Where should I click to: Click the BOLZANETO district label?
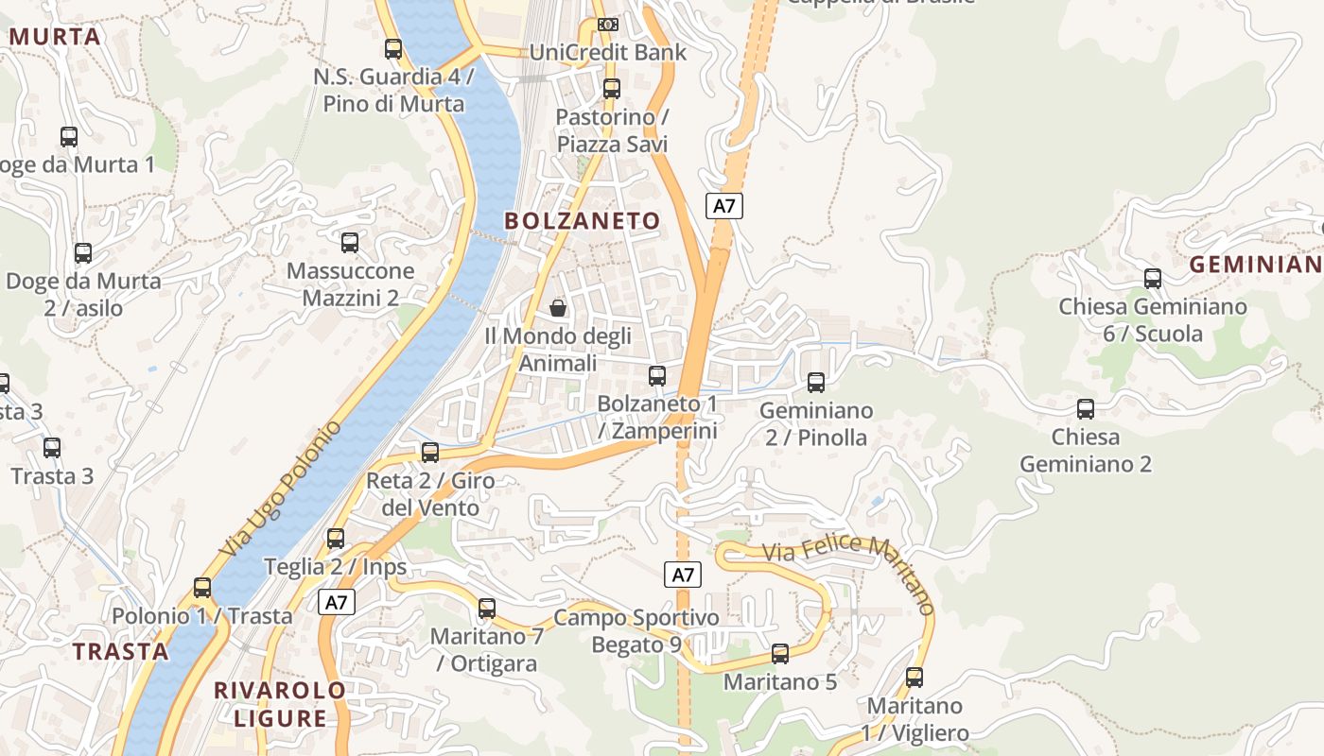tap(582, 221)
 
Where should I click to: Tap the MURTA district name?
tap(55, 37)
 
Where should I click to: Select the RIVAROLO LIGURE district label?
tap(280, 704)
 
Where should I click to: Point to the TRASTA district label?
tap(120, 651)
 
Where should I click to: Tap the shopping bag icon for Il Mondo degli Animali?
tap(558, 308)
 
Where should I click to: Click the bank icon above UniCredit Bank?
tap(608, 24)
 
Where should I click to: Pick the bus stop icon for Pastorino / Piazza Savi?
tap(612, 89)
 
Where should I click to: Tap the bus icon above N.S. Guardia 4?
tap(393, 48)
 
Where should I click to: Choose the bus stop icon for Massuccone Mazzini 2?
tap(350, 243)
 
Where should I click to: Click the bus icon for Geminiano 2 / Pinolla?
tap(815, 383)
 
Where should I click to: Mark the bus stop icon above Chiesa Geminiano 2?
tap(1086, 409)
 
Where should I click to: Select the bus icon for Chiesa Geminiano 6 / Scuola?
tap(1152, 279)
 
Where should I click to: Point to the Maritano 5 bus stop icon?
tap(780, 653)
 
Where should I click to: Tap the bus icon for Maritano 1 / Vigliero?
tap(914, 678)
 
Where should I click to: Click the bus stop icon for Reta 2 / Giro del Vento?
tap(430, 453)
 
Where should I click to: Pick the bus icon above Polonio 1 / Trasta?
tap(202, 588)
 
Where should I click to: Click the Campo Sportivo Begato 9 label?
tap(636, 631)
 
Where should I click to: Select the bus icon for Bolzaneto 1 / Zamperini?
tap(657, 376)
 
